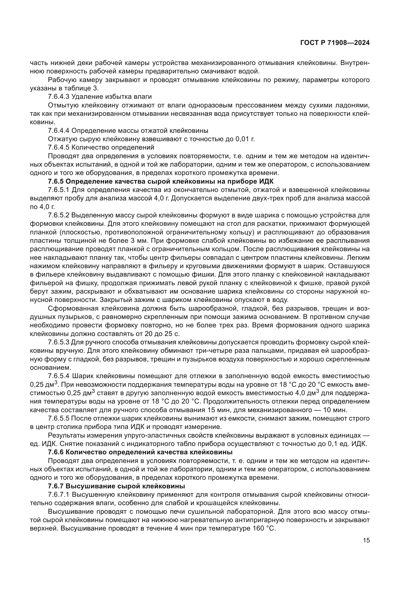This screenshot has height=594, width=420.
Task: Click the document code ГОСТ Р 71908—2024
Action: click(x=335, y=43)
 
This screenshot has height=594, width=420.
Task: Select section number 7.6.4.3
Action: click(x=59, y=97)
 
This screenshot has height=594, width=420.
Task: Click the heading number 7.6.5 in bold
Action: click(x=56, y=181)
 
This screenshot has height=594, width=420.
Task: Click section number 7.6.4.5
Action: click(x=59, y=148)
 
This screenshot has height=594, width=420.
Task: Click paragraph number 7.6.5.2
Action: click(x=59, y=215)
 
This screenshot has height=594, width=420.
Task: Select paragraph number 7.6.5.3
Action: click(x=59, y=342)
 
